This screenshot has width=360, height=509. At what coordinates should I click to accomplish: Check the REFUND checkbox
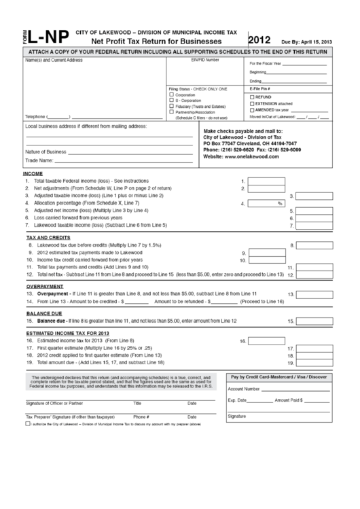[253, 97]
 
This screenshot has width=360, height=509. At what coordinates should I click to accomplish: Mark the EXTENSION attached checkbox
[253, 103]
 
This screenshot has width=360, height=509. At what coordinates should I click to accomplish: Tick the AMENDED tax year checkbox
[253, 109]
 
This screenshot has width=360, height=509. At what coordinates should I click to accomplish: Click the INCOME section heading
[34, 174]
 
